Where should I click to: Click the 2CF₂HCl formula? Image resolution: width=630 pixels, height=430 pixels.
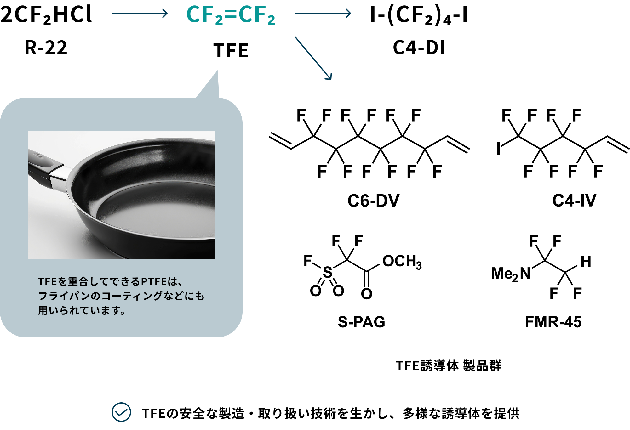[x=46, y=14]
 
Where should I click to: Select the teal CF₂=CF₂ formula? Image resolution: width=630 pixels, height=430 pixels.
[x=231, y=15]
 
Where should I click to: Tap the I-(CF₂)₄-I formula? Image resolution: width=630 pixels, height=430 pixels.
[x=419, y=15]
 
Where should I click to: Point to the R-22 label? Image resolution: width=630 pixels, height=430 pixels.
[x=46, y=48]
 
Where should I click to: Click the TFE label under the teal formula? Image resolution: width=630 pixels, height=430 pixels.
[x=231, y=51]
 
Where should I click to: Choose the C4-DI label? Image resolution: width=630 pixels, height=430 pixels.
[x=419, y=48]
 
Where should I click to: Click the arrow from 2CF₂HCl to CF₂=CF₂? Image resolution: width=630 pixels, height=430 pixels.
[x=139, y=13]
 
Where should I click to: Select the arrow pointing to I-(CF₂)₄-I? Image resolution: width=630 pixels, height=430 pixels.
[x=323, y=13]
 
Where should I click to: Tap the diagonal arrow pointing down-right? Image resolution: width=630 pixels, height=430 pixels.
[x=313, y=58]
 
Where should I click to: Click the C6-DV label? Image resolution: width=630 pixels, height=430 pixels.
[x=373, y=201]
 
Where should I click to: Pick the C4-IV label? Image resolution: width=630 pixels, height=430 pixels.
[x=574, y=201]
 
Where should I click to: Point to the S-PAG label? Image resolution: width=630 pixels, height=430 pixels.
[x=361, y=322]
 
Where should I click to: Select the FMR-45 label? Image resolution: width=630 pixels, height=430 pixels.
[x=553, y=322]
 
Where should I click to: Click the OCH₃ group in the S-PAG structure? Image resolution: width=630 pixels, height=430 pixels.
[x=402, y=262]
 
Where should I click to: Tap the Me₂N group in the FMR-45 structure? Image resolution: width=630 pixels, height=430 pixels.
[x=511, y=274]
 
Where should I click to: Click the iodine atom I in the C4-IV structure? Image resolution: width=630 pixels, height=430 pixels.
[x=498, y=149]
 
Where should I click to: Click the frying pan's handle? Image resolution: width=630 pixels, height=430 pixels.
[x=44, y=167]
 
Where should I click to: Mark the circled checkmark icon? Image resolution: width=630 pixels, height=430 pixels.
[x=121, y=412]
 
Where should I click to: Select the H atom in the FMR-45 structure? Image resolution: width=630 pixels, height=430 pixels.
[x=586, y=262]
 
